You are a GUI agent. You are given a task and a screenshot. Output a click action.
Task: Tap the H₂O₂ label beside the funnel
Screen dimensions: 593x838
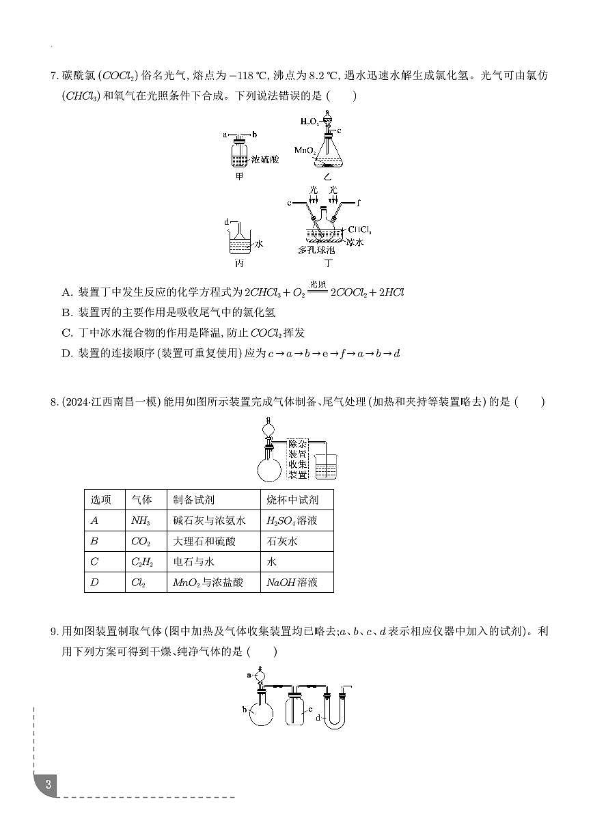pyautogui.click(x=310, y=122)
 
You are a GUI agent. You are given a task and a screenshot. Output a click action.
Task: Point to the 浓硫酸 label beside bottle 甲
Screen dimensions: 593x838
pyautogui.click(x=265, y=159)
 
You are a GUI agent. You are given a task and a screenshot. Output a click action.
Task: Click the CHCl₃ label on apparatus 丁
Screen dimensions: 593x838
pyautogui.click(x=359, y=229)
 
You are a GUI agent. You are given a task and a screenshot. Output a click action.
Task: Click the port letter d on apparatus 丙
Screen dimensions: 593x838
pyautogui.click(x=226, y=223)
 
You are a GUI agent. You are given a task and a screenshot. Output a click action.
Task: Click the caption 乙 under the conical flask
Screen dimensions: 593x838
pyautogui.click(x=329, y=176)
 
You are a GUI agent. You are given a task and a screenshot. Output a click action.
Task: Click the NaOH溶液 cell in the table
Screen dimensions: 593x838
pyautogui.click(x=292, y=583)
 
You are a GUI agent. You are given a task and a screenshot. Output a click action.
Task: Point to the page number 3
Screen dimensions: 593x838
pyautogui.click(x=48, y=784)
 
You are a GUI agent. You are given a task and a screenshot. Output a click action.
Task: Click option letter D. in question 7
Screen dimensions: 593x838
pyautogui.click(x=67, y=354)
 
